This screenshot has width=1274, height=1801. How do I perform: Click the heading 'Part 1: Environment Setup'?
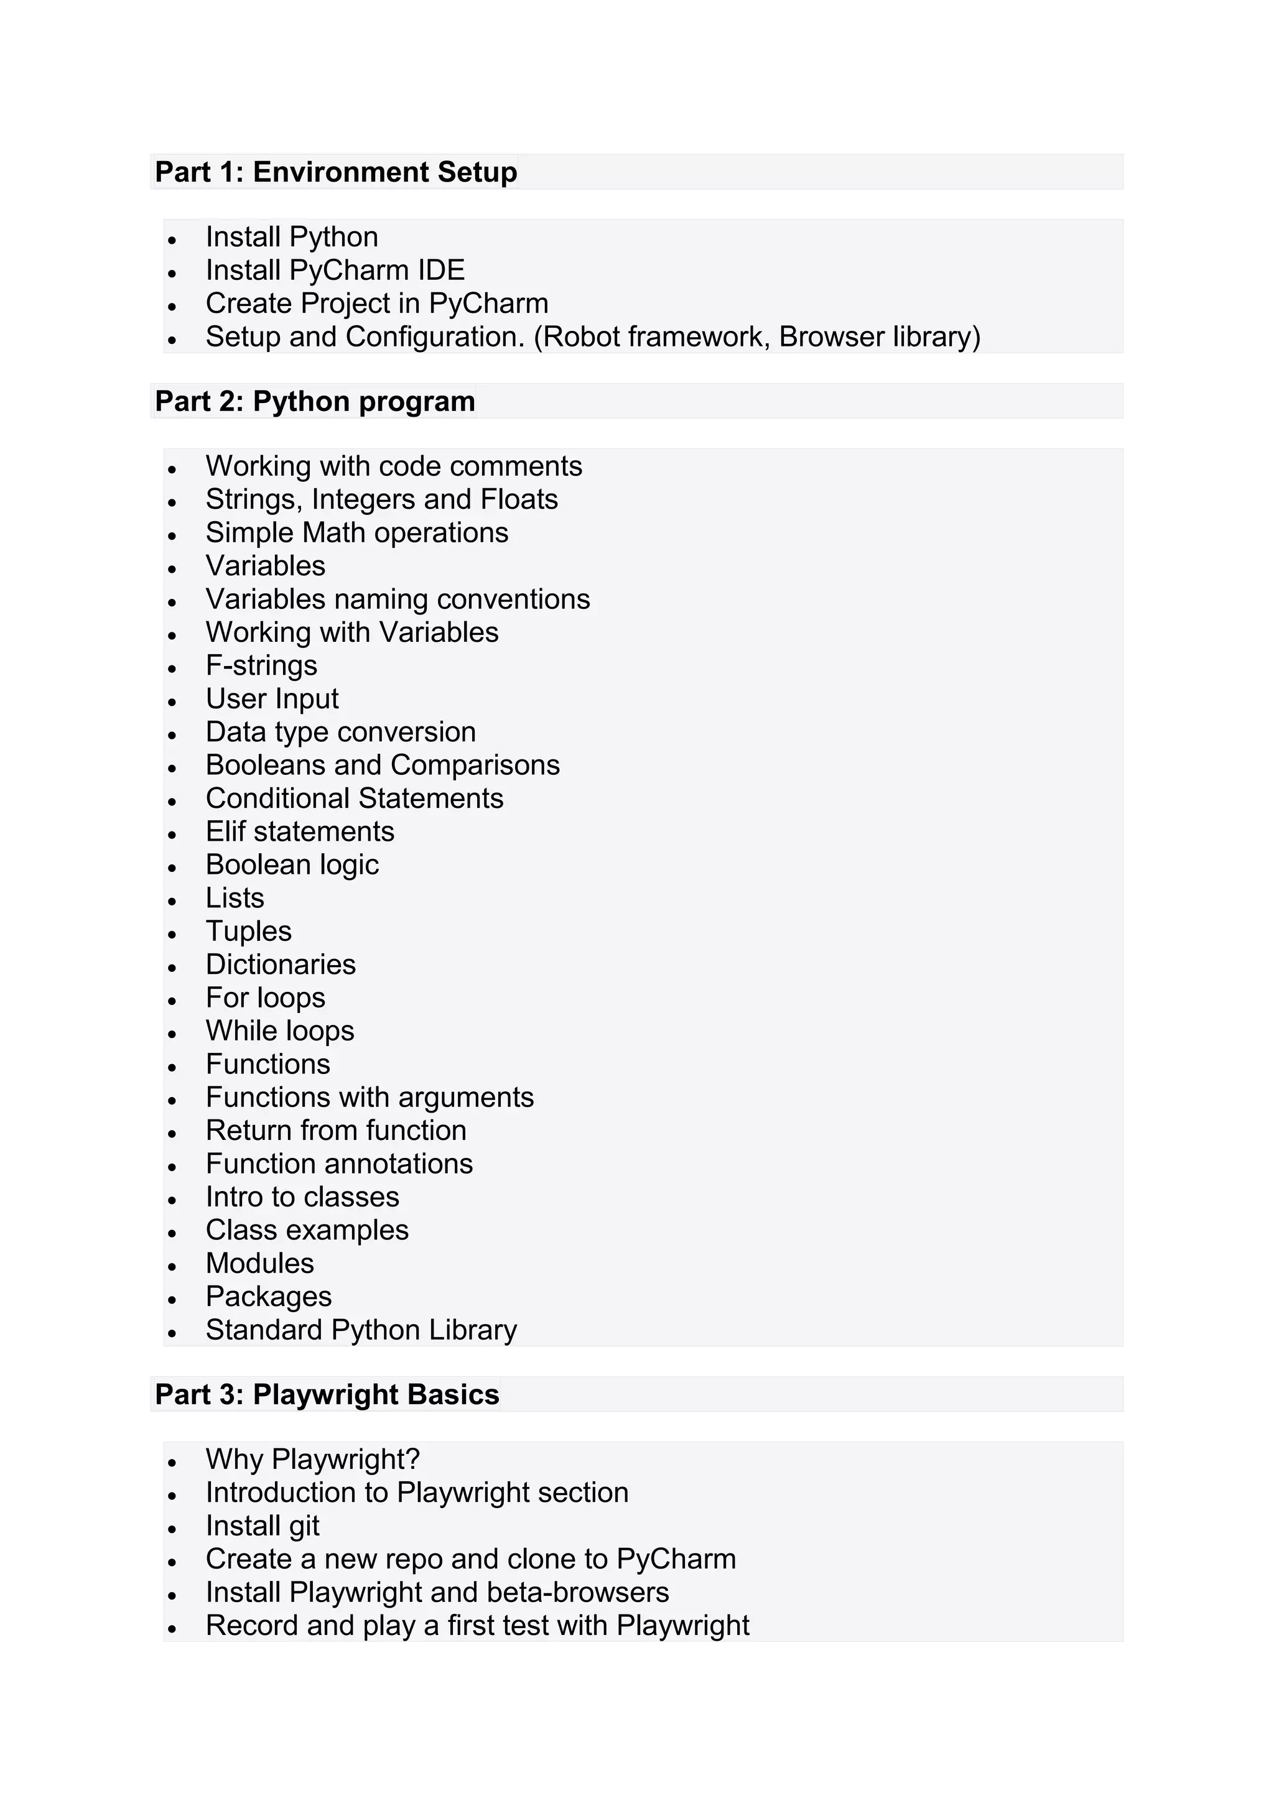coord(336,172)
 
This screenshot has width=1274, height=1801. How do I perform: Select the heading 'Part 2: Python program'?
coord(315,401)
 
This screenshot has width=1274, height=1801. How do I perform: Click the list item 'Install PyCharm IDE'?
coord(335,270)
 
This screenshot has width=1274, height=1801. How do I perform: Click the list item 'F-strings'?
coord(261,665)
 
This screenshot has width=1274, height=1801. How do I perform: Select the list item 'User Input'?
coord(272,698)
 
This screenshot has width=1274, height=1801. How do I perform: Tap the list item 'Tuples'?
coord(249,931)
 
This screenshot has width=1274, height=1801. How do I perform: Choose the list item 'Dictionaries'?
coord(281,964)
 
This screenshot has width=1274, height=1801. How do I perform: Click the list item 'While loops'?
coord(280,1030)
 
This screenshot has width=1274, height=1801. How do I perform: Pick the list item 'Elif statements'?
coord(300,831)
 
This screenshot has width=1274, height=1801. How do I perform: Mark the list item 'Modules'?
coord(259,1263)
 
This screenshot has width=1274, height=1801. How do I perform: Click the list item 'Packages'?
coord(268,1297)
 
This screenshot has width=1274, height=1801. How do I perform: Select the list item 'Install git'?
coord(262,1526)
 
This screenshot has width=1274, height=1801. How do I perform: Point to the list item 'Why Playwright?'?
coord(313,1459)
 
